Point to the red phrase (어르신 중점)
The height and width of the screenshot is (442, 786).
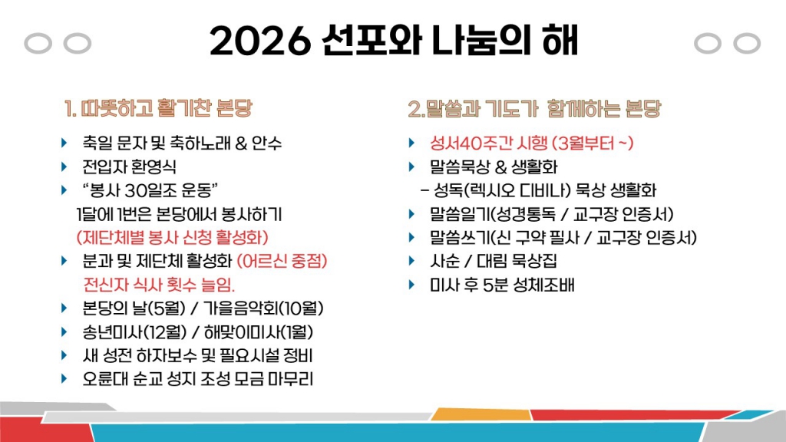click(x=282, y=262)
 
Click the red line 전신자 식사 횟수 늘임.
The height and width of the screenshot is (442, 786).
click(x=159, y=285)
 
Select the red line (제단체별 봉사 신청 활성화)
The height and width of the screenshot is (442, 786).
click(x=173, y=238)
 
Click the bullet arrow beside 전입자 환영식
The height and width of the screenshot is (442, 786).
click(x=64, y=167)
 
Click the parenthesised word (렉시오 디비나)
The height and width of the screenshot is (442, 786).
click(x=517, y=191)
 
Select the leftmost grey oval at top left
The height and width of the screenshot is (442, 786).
click(x=38, y=44)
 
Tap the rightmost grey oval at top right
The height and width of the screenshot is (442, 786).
click(x=746, y=44)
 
